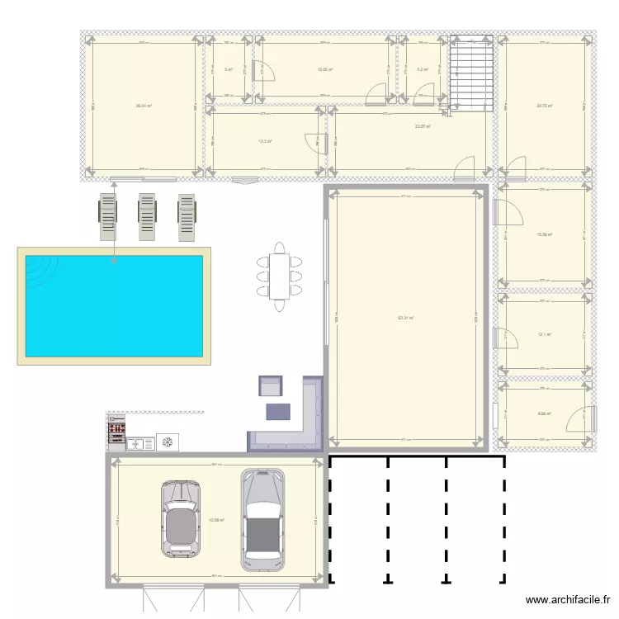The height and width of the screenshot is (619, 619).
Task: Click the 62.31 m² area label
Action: click(x=405, y=318)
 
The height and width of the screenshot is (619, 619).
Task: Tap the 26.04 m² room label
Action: click(x=144, y=106)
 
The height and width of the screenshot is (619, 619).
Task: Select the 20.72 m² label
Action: click(x=544, y=106)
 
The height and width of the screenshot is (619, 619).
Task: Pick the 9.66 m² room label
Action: click(x=544, y=415)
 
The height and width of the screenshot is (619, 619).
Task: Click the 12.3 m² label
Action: click(x=265, y=140)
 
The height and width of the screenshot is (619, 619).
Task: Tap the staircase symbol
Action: click(x=471, y=73)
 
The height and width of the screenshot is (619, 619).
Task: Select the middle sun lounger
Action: click(x=148, y=217)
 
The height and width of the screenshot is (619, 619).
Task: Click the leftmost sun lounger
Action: click(x=109, y=217)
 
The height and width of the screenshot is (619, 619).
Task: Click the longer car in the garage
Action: click(x=262, y=520)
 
